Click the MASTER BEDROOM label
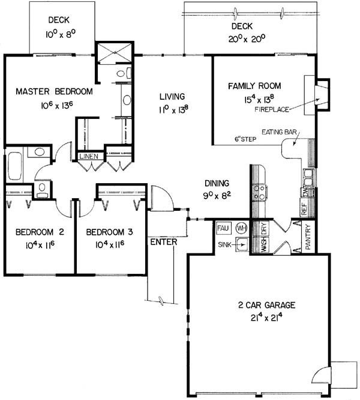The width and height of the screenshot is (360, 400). [x=54, y=91]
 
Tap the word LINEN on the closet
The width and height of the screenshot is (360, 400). [x=89, y=156]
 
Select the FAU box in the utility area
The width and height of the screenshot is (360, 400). [x=223, y=228]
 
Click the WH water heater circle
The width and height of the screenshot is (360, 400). [x=241, y=228]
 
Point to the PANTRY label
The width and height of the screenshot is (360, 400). [x=308, y=237]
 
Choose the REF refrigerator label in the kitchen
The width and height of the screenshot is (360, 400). [x=304, y=209]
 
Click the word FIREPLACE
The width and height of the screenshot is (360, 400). [x=272, y=109]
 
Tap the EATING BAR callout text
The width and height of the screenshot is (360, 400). [x=279, y=132]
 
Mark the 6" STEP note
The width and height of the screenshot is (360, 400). [x=245, y=139]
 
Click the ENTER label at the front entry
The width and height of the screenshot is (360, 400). [x=164, y=242]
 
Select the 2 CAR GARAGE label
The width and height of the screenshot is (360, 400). [x=267, y=305]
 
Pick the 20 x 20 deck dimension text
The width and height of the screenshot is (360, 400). [x=247, y=39]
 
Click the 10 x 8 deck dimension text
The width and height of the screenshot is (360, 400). [x=61, y=34]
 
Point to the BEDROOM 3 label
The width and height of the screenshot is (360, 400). [x=110, y=232]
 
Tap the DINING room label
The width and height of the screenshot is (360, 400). [x=217, y=183]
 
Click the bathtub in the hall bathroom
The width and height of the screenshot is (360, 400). [x=14, y=166]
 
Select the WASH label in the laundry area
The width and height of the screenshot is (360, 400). [x=264, y=245]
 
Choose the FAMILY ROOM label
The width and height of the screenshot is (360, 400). [x=254, y=86]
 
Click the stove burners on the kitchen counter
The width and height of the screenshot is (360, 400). [x=259, y=192]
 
